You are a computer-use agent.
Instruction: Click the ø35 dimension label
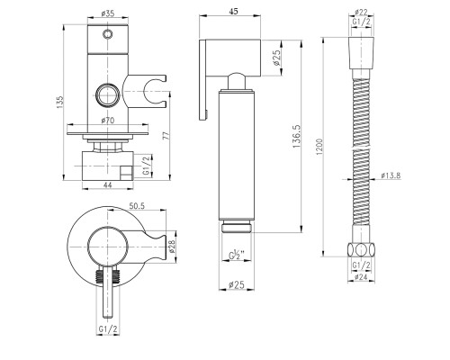tap(108, 13)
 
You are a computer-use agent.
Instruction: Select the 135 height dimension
tap(60, 102)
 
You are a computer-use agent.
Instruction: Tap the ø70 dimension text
tap(108, 120)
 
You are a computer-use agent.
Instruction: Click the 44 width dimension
tap(107, 185)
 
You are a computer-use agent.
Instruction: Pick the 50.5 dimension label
tap(137, 206)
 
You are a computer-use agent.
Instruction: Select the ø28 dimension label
tap(172, 247)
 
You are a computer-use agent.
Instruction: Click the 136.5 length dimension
tap(296, 136)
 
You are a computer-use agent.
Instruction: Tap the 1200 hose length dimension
tap(319, 147)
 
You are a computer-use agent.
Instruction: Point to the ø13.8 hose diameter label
tap(391, 175)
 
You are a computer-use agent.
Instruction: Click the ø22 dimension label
tap(361, 13)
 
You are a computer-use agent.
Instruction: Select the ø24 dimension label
tap(361, 277)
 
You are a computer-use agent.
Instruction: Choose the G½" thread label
tap(237, 256)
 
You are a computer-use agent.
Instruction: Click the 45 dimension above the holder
tap(233, 11)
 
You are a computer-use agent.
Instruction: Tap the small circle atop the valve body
tap(108, 33)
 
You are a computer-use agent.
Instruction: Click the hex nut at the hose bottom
tap(361, 249)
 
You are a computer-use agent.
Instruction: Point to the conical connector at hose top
tap(361, 53)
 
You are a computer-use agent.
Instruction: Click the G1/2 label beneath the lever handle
tap(108, 329)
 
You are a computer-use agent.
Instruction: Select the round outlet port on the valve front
tap(108, 94)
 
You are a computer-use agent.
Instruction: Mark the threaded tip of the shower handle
tap(237, 226)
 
